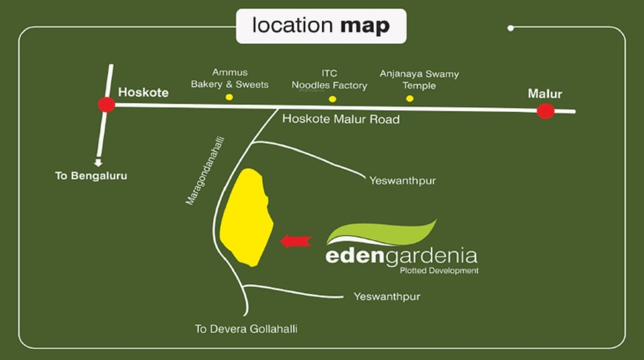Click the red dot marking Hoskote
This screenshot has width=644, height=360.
(x=107, y=105)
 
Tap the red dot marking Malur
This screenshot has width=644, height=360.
(x=545, y=111)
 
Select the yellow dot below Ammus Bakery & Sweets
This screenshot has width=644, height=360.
(x=229, y=97)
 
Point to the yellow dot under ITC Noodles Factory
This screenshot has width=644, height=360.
(x=332, y=99)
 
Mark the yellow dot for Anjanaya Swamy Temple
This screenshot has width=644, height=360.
(x=410, y=98)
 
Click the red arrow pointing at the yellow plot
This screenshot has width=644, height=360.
(x=295, y=241)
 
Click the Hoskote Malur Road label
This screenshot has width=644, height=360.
(x=341, y=119)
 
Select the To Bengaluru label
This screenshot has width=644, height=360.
(x=91, y=176)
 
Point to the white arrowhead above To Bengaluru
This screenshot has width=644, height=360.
(x=98, y=163)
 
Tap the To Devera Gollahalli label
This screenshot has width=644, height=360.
(x=246, y=329)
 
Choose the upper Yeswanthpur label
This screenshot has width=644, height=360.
(x=402, y=181)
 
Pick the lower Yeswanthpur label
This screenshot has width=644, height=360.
(x=387, y=296)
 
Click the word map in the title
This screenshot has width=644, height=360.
(x=365, y=26)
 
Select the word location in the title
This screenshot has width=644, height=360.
(x=293, y=26)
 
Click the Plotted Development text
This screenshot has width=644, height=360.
(x=439, y=270)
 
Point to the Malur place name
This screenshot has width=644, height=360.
(x=545, y=93)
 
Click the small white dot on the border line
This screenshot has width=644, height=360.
(x=510, y=28)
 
